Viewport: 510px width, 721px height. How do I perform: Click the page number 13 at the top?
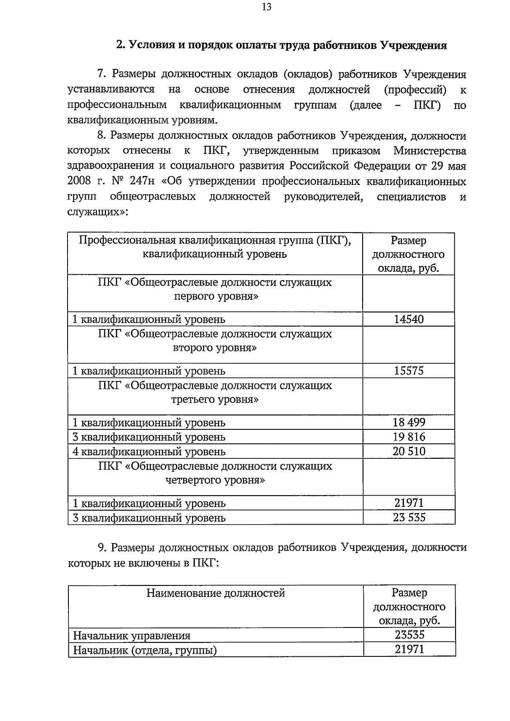267,7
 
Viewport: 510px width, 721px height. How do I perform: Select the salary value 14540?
408,319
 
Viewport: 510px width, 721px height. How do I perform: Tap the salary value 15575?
408,371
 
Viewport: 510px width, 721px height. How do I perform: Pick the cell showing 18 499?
408,422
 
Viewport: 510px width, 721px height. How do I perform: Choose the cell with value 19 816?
408,437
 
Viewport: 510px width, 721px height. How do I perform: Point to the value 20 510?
408,451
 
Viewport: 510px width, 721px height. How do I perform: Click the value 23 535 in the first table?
408,517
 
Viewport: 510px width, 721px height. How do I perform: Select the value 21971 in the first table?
408,503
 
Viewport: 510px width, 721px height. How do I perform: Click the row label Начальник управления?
132,636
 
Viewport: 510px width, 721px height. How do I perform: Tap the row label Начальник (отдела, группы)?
145,650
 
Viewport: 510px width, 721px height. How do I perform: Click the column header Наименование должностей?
215,593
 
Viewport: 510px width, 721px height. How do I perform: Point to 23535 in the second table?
409,635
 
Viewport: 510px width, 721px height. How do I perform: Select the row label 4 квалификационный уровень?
149,451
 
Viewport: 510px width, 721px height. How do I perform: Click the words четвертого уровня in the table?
215,480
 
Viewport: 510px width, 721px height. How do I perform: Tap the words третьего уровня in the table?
215,400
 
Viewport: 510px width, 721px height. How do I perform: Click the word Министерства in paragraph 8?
429,151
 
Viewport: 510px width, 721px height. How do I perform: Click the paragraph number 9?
101,548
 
